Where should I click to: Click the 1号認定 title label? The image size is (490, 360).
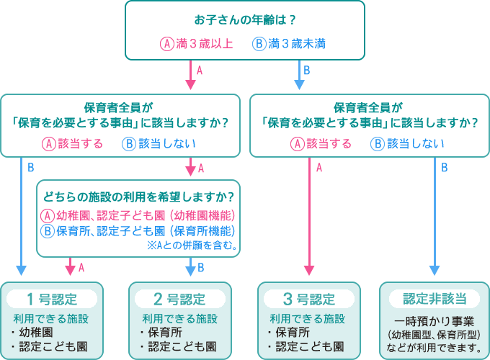pos(52,299)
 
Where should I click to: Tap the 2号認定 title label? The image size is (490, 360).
pos(181,299)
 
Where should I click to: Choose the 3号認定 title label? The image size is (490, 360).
pos(309,299)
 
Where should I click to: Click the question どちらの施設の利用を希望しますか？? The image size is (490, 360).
pos(138,196)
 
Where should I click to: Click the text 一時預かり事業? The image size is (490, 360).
pos(434,322)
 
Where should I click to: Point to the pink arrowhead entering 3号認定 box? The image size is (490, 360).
pos(309,271)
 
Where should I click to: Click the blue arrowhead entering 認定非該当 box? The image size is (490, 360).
pos(435,271)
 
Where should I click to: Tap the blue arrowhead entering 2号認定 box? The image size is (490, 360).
pos(191,271)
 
